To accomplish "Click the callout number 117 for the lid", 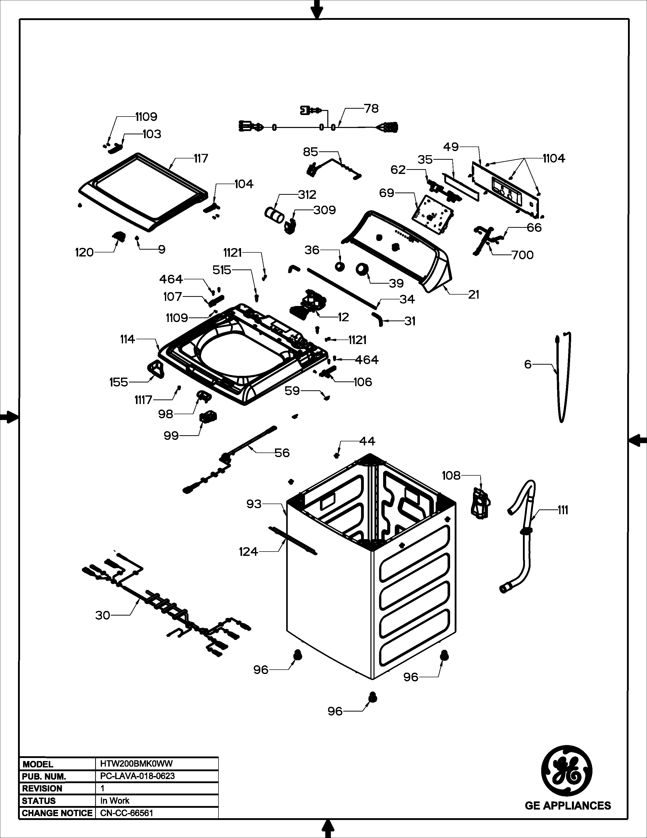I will tap(200, 158).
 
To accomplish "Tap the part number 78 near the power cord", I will tap(371, 109).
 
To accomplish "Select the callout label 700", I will tap(522, 255).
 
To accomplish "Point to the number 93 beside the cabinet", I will tap(254, 504).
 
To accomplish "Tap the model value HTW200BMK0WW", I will tap(137, 764).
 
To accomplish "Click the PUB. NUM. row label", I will tap(44, 776).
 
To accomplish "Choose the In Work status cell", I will tap(115, 800).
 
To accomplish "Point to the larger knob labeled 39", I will tap(362, 270).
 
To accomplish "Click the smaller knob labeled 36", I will tap(339, 266).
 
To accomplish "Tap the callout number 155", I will tap(118, 382).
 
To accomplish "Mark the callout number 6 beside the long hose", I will tap(528, 364).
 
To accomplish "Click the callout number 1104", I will tap(553, 158).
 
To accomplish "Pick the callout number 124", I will tap(248, 552).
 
